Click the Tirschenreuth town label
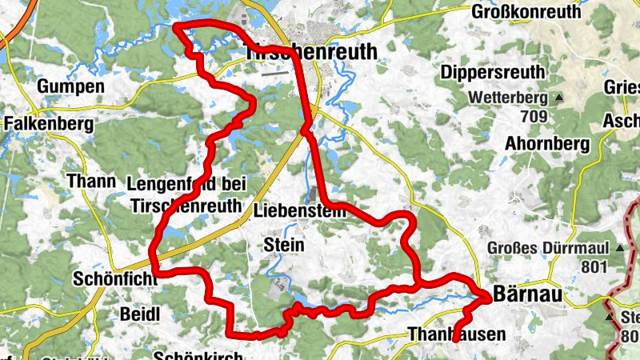310,51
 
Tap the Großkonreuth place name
526,12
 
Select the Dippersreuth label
493,71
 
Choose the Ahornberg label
548,143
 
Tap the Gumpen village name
70,86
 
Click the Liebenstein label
299,212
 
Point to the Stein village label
283,245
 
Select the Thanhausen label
456,334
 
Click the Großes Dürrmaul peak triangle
618,248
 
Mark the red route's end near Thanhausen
455,341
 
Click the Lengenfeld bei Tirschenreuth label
185,194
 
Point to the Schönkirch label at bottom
191,354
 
